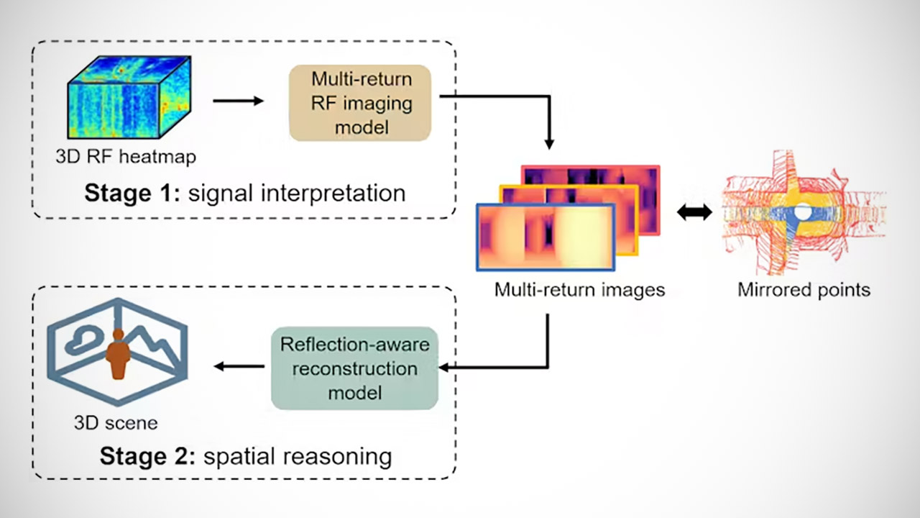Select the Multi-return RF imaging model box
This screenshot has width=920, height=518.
coord(360,102)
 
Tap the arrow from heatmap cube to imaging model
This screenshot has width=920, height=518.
coord(239,101)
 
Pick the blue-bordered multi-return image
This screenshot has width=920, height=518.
coord(545,237)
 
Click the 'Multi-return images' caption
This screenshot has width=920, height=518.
coord(579,290)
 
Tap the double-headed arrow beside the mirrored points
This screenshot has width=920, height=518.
coord(694,212)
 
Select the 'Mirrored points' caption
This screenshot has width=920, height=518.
coord(804,290)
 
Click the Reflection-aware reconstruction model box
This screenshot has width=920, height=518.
coord(354,368)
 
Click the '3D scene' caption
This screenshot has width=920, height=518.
coord(115,422)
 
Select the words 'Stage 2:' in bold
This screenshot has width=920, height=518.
coord(146,456)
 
